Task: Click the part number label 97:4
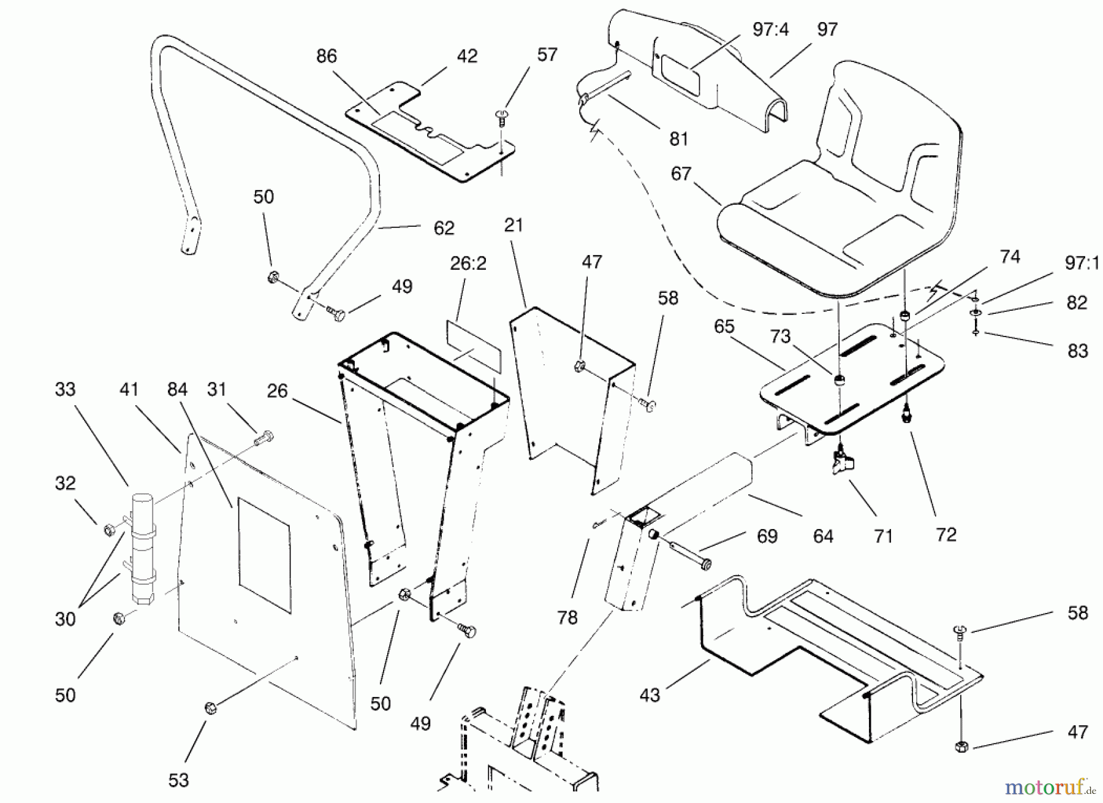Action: [x=770, y=29]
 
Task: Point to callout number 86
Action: [x=327, y=56]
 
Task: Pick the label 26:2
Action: [x=468, y=264]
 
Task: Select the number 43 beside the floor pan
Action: [x=650, y=695]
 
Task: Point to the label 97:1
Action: [x=1082, y=263]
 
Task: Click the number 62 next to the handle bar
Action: [x=444, y=228]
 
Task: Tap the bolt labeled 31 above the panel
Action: [x=263, y=438]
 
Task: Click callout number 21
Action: [x=514, y=225]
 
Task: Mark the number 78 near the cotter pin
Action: [x=567, y=617]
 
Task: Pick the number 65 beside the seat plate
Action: [x=724, y=327]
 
